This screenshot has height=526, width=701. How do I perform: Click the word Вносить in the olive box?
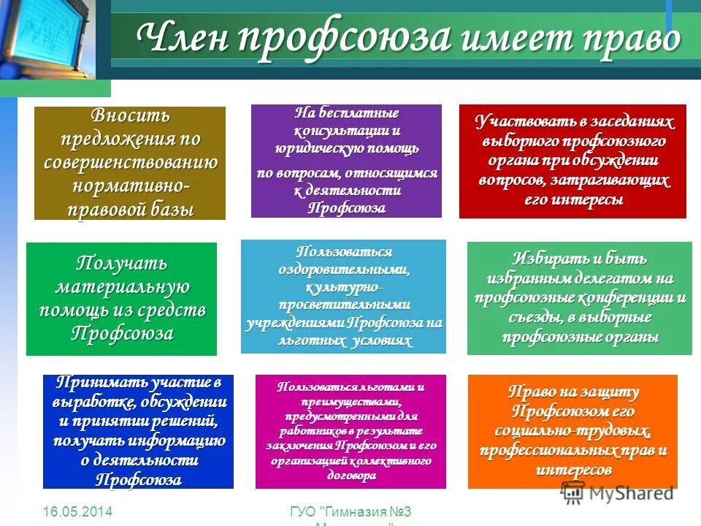pos(130,115)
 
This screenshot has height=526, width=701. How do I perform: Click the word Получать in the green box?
pos(122,262)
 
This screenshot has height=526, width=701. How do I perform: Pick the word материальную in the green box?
pos(122,286)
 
